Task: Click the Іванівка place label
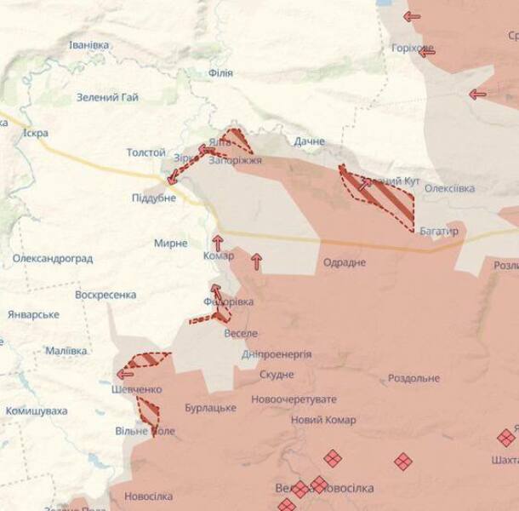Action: click(x=88, y=44)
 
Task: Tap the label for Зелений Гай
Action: click(x=107, y=97)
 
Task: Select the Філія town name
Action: click(x=220, y=73)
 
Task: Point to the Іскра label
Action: click(x=36, y=133)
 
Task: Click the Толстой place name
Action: click(x=145, y=152)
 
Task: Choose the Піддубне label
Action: click(x=153, y=198)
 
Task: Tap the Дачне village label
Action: click(x=310, y=141)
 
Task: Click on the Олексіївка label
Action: click(x=449, y=188)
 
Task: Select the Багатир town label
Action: click(x=439, y=231)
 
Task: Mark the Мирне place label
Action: click(x=170, y=244)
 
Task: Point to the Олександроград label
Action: click(x=53, y=258)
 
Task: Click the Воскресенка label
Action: click(x=106, y=295)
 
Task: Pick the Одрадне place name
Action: click(x=345, y=262)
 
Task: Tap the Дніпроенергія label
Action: click(x=277, y=354)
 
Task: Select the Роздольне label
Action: click(x=413, y=378)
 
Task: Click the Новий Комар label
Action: click(x=323, y=420)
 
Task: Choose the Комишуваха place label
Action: click(x=37, y=411)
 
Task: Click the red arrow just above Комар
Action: click(x=218, y=242)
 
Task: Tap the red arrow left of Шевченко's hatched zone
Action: click(x=125, y=373)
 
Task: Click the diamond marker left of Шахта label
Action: click(x=506, y=438)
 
